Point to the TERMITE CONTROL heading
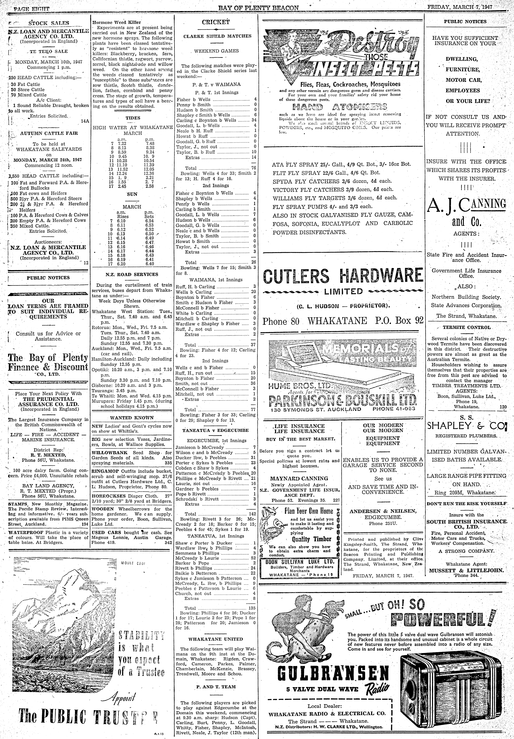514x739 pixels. click(x=466, y=328)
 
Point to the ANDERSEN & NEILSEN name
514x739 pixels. click(x=383, y=511)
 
